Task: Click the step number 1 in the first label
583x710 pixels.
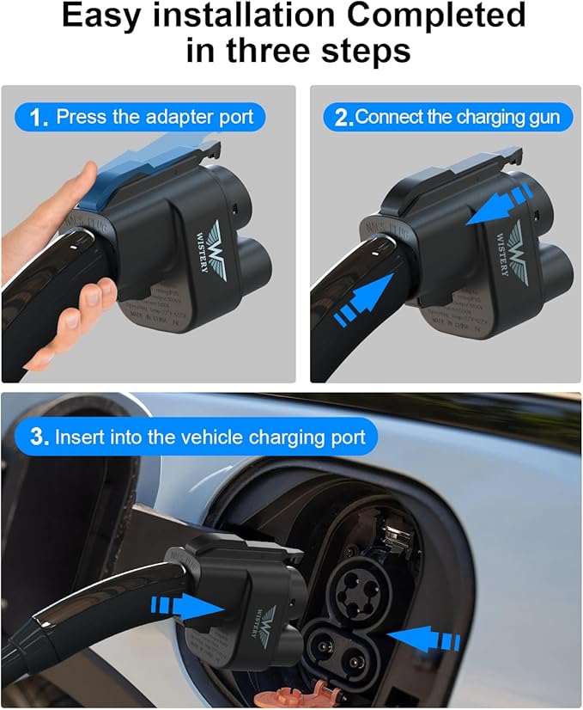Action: tap(37, 118)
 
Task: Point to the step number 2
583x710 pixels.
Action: tap(343, 118)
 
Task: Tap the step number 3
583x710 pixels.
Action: tap(39, 437)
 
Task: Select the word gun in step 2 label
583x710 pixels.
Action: tap(544, 117)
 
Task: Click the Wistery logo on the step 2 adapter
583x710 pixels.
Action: tap(513, 248)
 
